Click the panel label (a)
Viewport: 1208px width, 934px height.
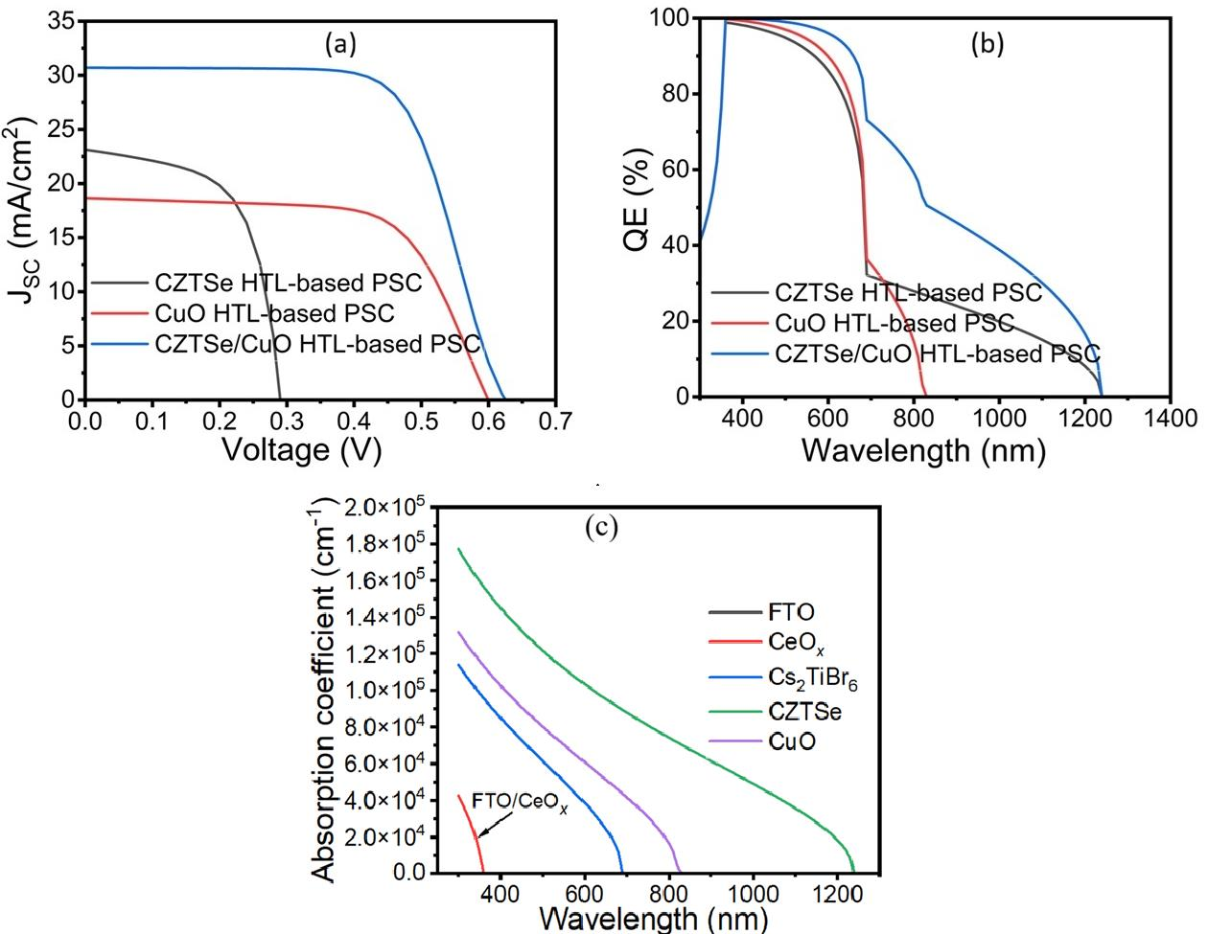point(340,44)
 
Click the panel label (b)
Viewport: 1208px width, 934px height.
point(987,43)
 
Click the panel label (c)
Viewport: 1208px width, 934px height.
point(601,527)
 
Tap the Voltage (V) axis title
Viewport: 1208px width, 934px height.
point(302,450)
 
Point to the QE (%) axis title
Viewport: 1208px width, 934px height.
point(637,200)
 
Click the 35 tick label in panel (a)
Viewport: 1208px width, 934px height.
point(61,22)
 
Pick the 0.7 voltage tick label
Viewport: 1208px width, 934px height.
point(555,421)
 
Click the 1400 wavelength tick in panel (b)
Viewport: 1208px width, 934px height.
point(1170,418)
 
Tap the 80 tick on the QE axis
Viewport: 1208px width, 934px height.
point(676,94)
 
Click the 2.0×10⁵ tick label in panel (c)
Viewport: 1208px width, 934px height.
point(385,507)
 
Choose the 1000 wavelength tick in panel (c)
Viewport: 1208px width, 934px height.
point(753,894)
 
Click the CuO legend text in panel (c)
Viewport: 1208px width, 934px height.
point(792,741)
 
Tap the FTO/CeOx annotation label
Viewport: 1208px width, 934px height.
point(520,803)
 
